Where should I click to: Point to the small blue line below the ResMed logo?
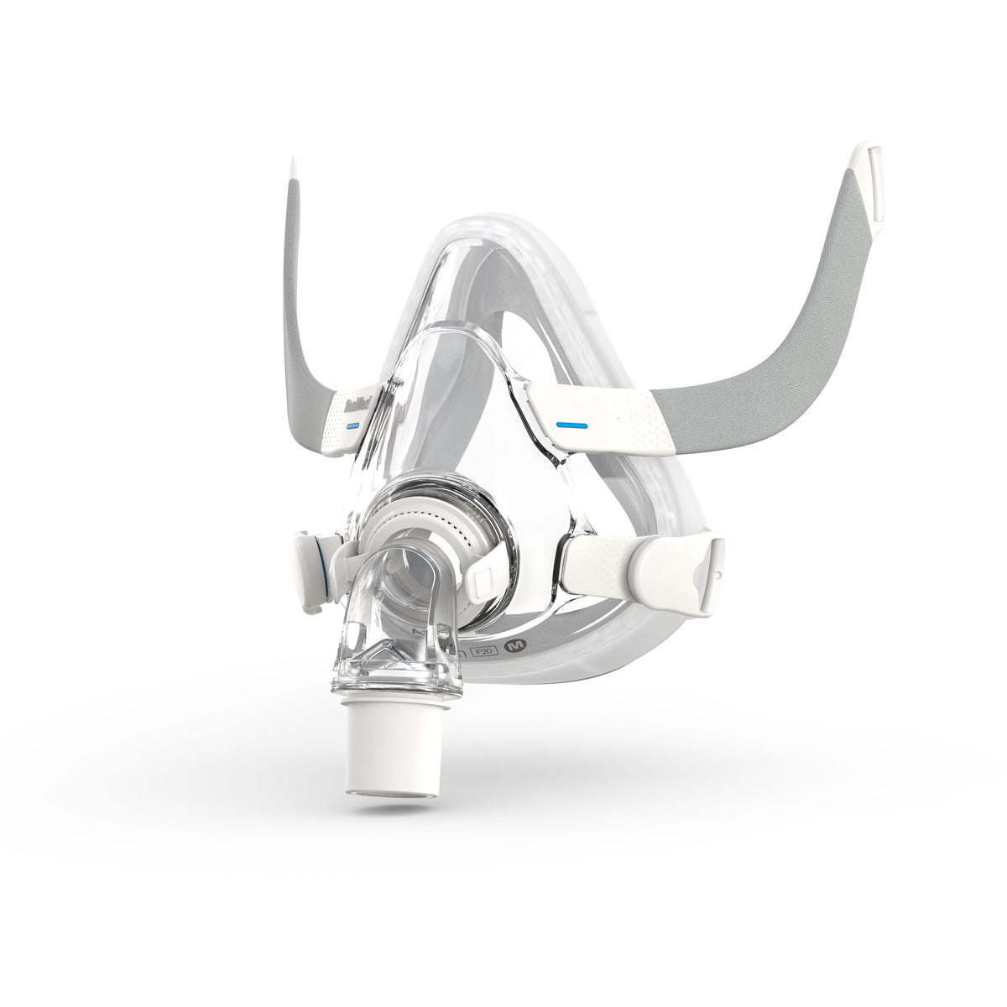click(352, 425)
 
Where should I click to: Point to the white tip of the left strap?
click(292, 167)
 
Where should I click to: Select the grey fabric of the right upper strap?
click(780, 336)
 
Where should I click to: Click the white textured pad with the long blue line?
click(604, 420)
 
